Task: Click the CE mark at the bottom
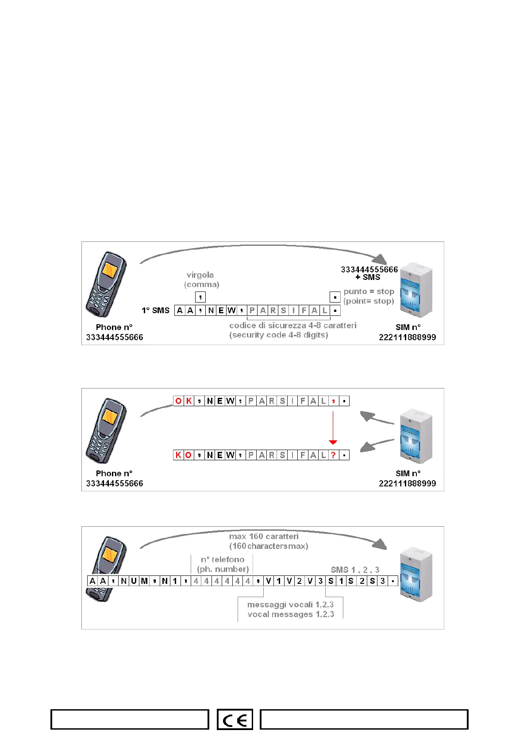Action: tap(235, 719)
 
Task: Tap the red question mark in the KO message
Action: tap(333, 455)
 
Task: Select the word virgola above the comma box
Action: tap(200, 275)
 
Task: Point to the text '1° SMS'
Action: tap(155, 311)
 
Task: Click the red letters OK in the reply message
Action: tap(183, 401)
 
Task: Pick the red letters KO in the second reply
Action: tap(183, 455)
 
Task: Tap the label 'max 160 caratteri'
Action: tap(264, 536)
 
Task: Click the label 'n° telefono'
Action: tap(223, 559)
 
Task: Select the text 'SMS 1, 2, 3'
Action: tap(355, 570)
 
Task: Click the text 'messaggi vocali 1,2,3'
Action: tap(290, 605)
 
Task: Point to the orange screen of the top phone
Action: tap(110, 270)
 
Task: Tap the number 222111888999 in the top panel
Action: tap(407, 337)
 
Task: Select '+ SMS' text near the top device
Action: tap(368, 277)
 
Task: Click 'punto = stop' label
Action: tap(369, 291)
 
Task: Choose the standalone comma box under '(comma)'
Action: tap(200, 297)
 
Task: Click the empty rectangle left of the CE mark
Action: tap(130, 719)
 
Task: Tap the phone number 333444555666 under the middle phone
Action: tap(115, 483)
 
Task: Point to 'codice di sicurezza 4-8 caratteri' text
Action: tap(292, 326)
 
